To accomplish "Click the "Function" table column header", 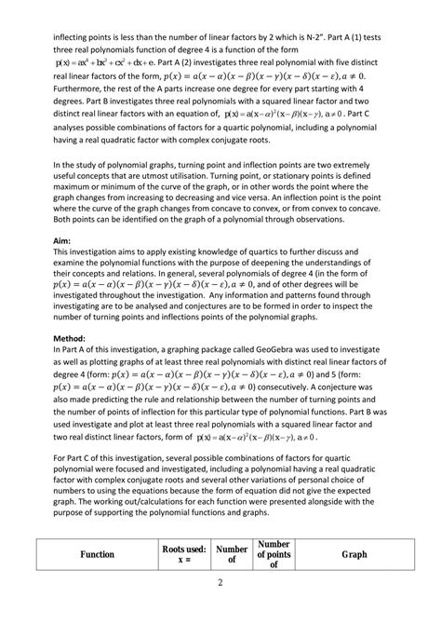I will pyautogui.click(x=97, y=554).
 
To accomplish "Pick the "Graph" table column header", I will pyautogui.click(x=354, y=554).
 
